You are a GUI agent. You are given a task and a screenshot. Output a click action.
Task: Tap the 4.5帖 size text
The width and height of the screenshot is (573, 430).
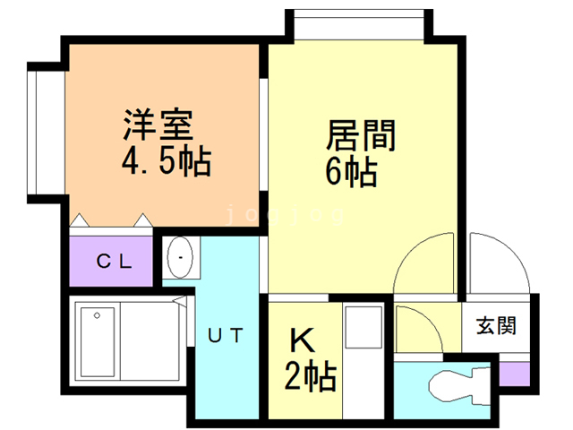tap(166, 162)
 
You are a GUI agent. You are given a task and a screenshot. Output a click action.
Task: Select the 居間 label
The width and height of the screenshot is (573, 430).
tap(360, 136)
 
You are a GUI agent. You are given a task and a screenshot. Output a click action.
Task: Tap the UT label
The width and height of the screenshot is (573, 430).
tap(227, 337)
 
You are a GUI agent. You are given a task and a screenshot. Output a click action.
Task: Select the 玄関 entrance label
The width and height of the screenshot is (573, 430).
tap(495, 326)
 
